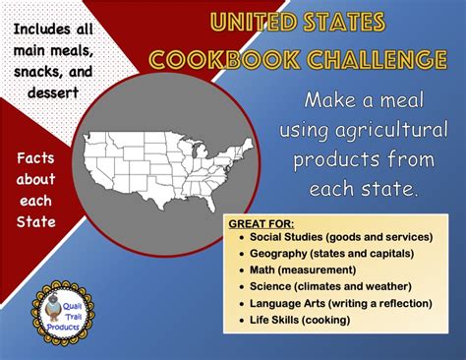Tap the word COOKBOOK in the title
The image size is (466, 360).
(224, 60)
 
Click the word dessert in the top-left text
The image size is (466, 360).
(53, 92)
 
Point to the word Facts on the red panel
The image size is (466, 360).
(35, 158)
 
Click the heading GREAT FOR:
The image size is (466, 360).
(262, 224)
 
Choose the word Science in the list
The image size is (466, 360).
(270, 286)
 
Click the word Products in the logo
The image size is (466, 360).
(63, 327)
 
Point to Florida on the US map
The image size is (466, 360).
(209, 200)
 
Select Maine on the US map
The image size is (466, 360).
(249, 145)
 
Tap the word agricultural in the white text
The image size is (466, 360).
(391, 130)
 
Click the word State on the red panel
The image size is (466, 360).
(36, 222)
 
